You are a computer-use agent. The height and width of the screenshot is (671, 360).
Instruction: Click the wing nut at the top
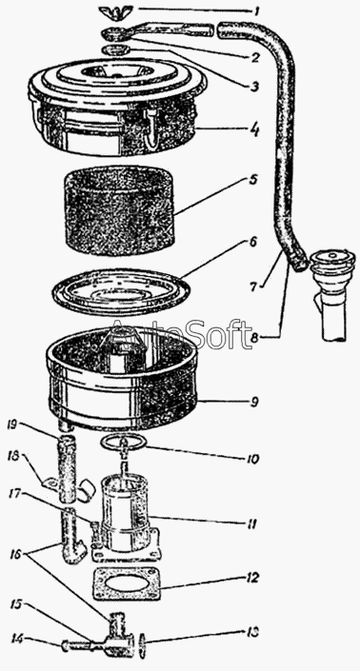pyautogui.click(x=114, y=11)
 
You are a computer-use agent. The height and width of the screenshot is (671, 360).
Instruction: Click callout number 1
pyautogui.click(x=256, y=10)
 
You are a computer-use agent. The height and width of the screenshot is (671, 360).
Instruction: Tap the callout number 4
pyautogui.click(x=255, y=129)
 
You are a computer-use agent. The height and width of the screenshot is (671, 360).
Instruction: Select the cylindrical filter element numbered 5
pyautogui.click(x=119, y=210)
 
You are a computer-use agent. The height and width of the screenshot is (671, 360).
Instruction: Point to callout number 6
pyautogui.click(x=253, y=180)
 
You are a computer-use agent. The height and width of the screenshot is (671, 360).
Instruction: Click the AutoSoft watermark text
pyautogui.click(x=179, y=335)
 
